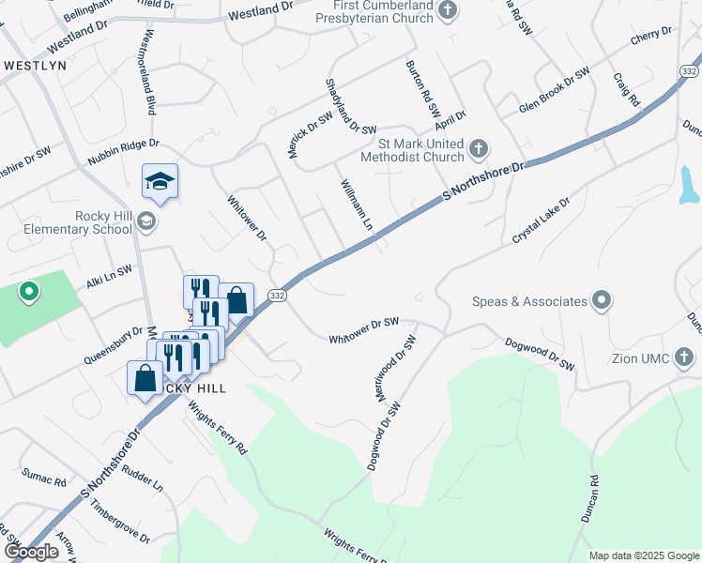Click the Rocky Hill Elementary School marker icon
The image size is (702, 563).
[145, 221]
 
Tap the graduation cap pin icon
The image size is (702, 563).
[160, 180]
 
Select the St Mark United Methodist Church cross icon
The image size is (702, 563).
[479, 147]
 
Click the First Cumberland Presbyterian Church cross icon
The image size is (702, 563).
[448, 11]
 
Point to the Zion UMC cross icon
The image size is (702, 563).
[684, 357]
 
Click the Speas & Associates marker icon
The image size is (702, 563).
[602, 301]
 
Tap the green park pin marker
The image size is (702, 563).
[28, 292]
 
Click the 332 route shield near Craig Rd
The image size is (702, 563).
[690, 72]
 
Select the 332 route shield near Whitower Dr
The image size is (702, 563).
[277, 295]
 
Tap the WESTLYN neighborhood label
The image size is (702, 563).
[35, 66]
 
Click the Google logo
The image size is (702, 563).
[31, 552]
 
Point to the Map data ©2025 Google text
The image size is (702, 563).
[643, 555]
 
